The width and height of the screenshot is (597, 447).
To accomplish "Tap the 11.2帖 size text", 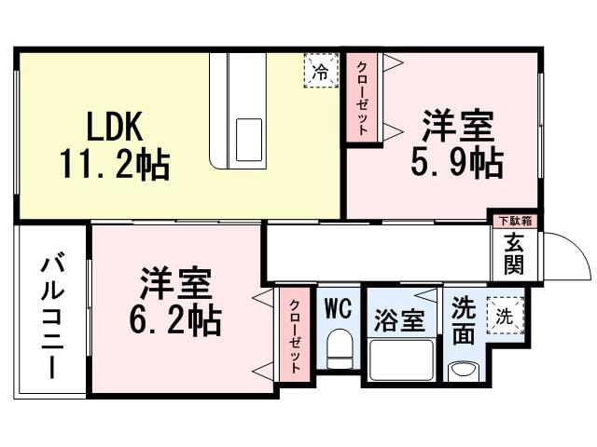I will pyautogui.click(x=115, y=165).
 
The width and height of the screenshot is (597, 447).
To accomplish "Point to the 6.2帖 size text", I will pyautogui.click(x=175, y=321).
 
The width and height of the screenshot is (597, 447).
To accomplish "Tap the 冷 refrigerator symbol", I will pyautogui.click(x=320, y=71).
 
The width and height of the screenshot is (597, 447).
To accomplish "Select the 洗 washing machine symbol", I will pyautogui.click(x=504, y=315).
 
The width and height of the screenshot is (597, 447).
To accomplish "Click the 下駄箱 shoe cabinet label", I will pyautogui.click(x=514, y=221).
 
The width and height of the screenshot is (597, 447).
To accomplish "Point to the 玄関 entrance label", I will pyautogui.click(x=514, y=252).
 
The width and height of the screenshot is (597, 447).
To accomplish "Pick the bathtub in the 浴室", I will pyautogui.click(x=401, y=361).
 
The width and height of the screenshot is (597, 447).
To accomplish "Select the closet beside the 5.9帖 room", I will pyautogui.click(x=362, y=99).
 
